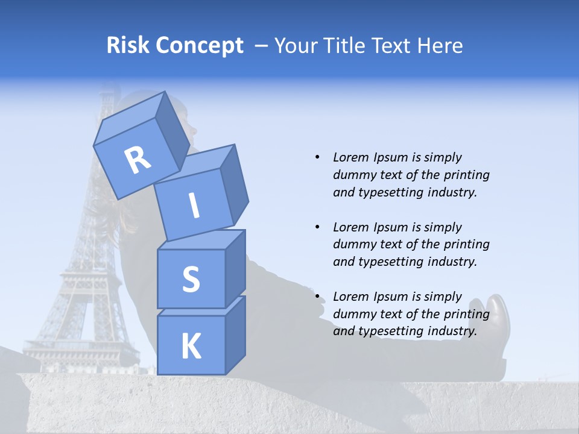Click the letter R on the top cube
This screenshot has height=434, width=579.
138,160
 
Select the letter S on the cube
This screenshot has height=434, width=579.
191,279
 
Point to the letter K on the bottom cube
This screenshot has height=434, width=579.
191,347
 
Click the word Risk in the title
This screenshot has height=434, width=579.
129,46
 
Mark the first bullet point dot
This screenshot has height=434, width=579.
317,157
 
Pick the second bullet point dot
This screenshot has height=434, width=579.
317,227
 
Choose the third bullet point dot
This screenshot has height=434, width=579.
317,297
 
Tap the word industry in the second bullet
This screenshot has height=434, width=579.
452,262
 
